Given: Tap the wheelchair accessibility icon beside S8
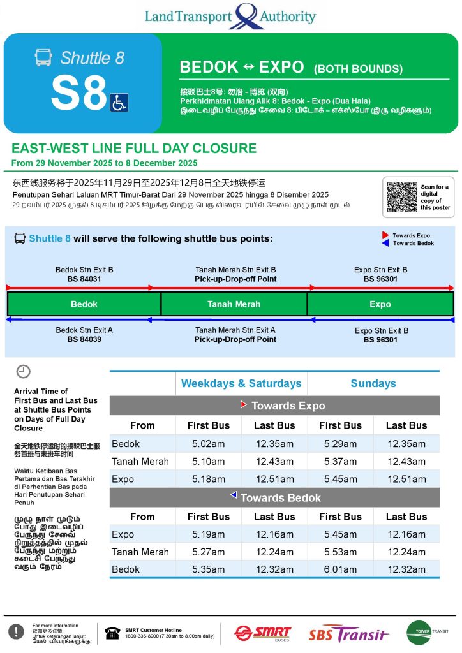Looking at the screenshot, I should point(119,102).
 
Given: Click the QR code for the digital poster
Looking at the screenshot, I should point(402,197).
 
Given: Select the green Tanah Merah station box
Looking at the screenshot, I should point(234,304).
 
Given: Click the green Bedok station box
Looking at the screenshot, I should point(84,304).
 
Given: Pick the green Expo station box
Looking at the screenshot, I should point(380,304).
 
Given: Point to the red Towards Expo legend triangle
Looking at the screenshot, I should point(385,235).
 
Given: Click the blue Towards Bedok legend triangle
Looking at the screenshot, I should point(385,243).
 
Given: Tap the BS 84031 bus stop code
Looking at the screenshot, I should point(84,279).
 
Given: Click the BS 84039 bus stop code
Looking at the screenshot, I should point(84,339).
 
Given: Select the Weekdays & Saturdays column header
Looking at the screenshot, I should point(241,383).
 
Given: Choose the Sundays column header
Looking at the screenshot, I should point(373,383).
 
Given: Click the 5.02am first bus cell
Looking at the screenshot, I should point(208,444).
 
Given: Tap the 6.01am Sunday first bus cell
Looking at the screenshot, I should point(340,569).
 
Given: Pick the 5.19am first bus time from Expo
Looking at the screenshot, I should point(208,534).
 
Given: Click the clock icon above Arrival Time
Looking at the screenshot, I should point(23,372).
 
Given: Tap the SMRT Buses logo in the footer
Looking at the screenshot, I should point(262,633).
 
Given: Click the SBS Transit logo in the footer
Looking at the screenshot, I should point(348,634).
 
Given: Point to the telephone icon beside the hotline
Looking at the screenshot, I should point(113,633).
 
